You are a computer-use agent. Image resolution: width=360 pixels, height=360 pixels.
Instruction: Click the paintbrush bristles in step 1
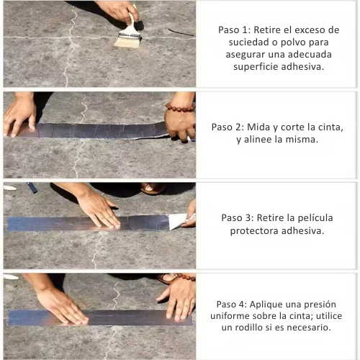coord(127,42)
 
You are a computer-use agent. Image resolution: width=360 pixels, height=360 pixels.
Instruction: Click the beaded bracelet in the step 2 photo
coord(180,107)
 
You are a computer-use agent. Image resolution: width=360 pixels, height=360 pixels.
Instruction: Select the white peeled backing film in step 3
coord(178,222)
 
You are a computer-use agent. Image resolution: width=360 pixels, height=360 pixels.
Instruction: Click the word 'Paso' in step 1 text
coord(228,30)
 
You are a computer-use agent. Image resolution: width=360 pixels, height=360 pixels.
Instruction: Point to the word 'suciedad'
coord(248,42)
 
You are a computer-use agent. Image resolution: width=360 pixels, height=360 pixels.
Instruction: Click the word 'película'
coord(315,218)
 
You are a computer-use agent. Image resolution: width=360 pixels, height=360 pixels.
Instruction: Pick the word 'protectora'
coord(254,231)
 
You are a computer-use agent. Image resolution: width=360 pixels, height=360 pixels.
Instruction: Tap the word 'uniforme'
coord(230,316)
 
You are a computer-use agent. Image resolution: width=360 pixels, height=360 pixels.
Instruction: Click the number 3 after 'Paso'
coord(248,218)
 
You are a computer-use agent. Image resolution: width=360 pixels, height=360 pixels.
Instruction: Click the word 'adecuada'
coord(310,55)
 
